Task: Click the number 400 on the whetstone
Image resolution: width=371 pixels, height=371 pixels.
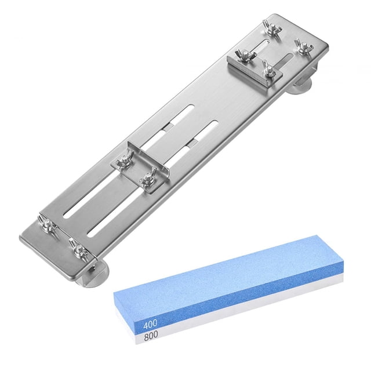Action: (150, 325)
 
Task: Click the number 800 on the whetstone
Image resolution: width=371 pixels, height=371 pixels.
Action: (151, 336)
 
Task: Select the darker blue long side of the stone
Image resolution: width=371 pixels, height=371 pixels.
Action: (239, 293)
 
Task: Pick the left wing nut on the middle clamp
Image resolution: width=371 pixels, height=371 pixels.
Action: (124, 160)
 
